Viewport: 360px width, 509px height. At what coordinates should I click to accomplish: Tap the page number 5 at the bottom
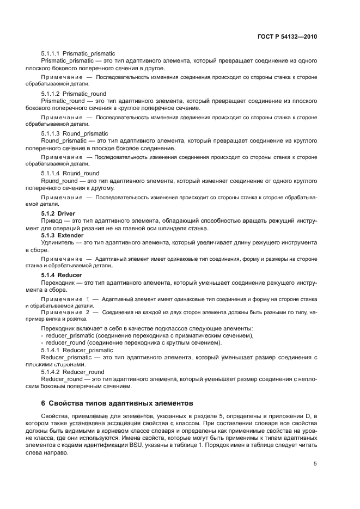[x=315, y=464]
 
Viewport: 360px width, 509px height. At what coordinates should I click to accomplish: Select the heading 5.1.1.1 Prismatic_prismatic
[x=78, y=53]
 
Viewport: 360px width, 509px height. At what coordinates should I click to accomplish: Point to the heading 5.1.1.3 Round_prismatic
[x=75, y=133]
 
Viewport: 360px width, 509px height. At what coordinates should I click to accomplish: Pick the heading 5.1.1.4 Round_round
[x=70, y=173]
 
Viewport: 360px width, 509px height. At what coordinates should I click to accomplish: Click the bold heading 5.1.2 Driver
[x=58, y=213]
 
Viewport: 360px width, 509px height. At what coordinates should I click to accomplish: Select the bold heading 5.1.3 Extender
[x=62, y=235]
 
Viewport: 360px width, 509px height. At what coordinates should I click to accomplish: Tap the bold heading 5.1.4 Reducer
[x=62, y=275]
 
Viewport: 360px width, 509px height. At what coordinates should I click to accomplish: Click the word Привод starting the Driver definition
[x=53, y=220]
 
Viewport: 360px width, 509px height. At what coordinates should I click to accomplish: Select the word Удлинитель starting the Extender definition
[x=59, y=243]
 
